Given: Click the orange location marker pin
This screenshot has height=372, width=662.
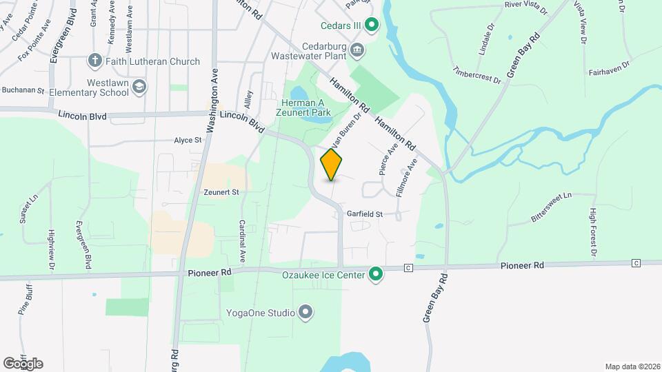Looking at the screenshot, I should pos(332,164).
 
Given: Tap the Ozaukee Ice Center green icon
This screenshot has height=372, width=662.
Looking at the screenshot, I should pos(376,274).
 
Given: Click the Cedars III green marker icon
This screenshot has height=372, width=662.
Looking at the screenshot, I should pos(372,27).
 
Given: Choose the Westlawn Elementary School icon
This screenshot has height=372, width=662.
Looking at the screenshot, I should pos(140,86).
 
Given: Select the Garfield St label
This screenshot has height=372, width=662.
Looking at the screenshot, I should pos(365,214).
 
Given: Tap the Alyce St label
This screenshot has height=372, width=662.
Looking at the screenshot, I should pos(188,140).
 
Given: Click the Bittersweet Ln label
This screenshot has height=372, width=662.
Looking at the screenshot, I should pos(552,206).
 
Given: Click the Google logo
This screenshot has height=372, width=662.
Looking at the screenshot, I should pos(23,363).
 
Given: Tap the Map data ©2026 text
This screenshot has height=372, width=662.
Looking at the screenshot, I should pos(632,366).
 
